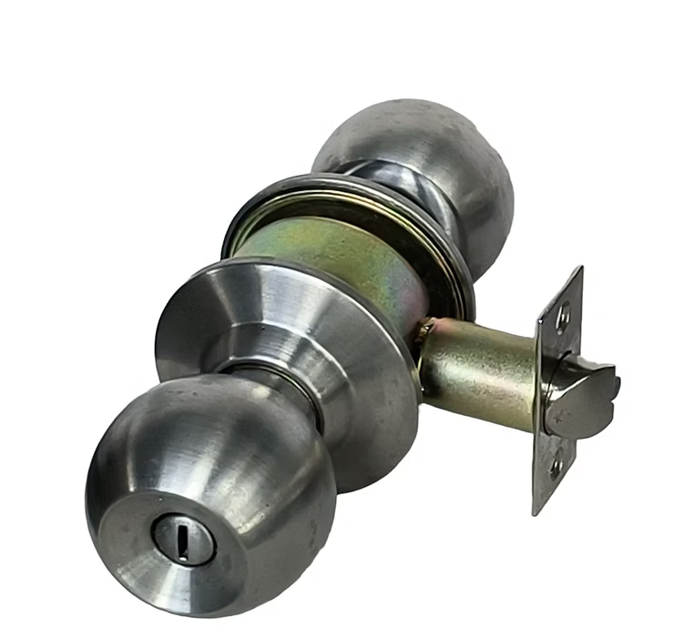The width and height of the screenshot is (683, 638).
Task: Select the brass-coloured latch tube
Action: [x=483, y=373]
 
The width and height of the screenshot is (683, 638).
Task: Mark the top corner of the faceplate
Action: [x=579, y=269]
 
